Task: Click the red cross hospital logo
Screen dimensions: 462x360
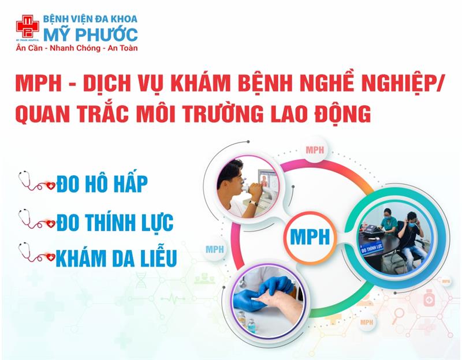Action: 27,27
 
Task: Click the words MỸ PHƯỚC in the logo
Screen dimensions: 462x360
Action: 91,35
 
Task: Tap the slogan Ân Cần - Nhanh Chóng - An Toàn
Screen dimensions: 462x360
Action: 77,48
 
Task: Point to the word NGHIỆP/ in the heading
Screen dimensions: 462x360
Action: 400,83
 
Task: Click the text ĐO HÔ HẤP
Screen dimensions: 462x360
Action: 102,183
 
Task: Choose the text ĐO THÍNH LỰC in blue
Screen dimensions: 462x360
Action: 115,222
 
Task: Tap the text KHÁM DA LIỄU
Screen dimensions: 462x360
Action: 117,258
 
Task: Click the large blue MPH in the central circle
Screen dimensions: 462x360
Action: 310,237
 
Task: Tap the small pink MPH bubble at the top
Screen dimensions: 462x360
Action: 315,150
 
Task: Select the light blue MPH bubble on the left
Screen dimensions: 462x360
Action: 215,250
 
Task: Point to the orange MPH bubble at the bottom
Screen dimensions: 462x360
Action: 367,322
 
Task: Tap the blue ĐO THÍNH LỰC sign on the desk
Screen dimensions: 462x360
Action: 371,248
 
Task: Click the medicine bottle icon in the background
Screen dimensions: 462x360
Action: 429,298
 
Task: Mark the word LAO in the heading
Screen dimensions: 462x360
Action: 288,113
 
